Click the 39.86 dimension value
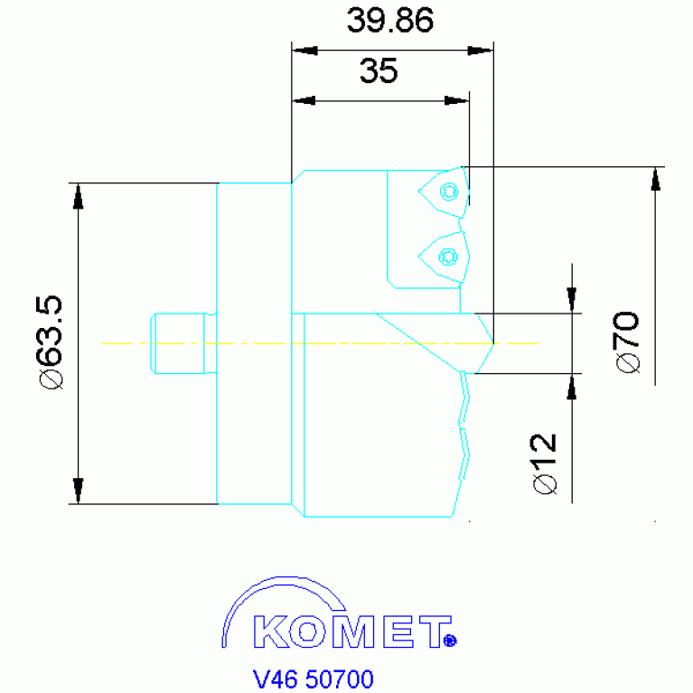pyautogui.click(x=389, y=21)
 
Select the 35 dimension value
pyautogui.click(x=379, y=70)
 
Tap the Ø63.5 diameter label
pyautogui.click(x=51, y=342)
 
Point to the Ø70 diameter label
pyautogui.click(x=628, y=342)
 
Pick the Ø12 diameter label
pyautogui.click(x=545, y=464)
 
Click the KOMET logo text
pyautogui.click(x=352, y=632)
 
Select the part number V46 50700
pyautogui.click(x=313, y=679)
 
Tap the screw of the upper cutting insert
pyautogui.click(x=449, y=192)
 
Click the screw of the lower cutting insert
pyautogui.click(x=448, y=257)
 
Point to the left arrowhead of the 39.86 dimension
pyautogui.click(x=305, y=51)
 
